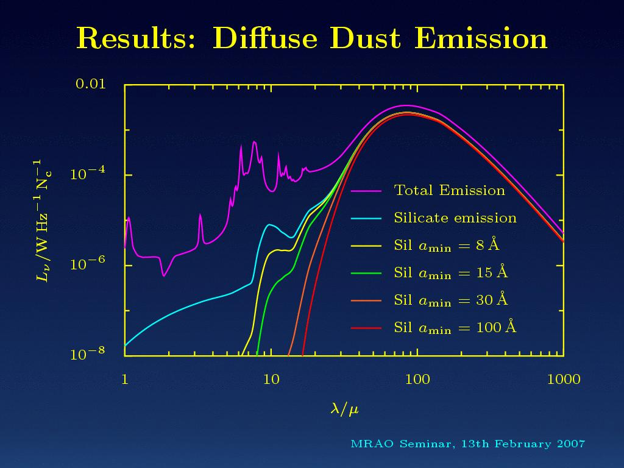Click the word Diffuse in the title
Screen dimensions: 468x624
[x=265, y=39]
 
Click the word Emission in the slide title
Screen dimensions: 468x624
[x=481, y=39]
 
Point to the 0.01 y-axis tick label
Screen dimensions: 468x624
[x=90, y=83]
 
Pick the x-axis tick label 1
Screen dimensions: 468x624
[x=124, y=380]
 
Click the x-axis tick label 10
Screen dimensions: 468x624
[x=271, y=380]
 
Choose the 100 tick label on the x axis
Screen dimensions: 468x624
[x=417, y=380]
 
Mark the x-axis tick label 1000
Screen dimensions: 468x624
[x=564, y=380]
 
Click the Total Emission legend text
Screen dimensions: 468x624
[x=450, y=191]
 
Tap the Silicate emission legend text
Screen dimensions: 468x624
[x=455, y=218]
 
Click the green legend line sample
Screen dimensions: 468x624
[x=366, y=274]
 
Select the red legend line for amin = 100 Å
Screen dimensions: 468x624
[x=366, y=328]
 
